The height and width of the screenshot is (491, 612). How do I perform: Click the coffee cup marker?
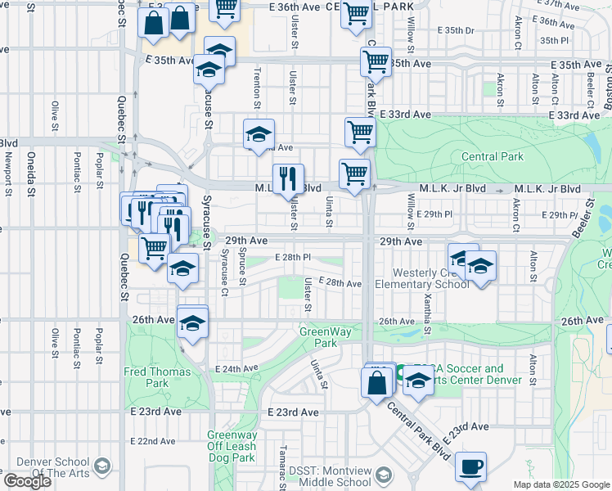point(470,467)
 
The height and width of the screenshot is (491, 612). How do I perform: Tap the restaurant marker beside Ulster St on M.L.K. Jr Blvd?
point(288,180)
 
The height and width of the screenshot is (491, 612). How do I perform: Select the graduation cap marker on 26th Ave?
point(192,323)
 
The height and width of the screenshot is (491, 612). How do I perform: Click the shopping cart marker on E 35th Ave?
point(376,61)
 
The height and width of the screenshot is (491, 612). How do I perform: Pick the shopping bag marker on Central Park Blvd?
point(377,382)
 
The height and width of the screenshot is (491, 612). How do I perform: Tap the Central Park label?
point(492,155)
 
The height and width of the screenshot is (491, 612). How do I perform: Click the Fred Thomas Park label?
point(157,376)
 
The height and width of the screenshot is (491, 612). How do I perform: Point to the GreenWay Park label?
point(318,337)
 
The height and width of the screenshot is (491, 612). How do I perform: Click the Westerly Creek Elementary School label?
point(421,278)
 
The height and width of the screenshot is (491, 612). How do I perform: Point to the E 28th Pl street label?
point(294,257)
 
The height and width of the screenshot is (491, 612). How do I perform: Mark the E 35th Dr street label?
point(456,30)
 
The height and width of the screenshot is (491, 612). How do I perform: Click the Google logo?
point(27,481)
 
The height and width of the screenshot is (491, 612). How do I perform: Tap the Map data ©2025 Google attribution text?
point(561,484)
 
